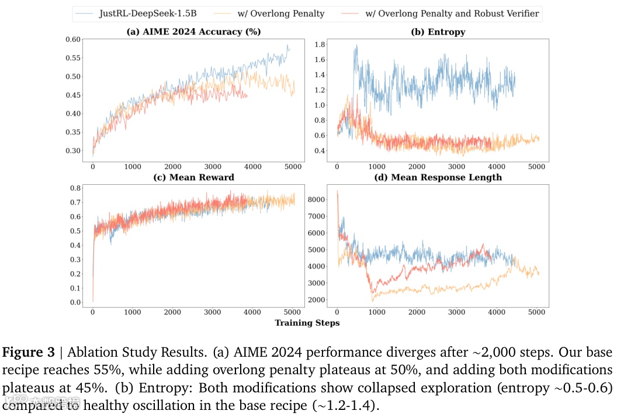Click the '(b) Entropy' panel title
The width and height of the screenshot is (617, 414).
tap(438, 32)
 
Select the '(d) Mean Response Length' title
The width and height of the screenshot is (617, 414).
tap(438, 177)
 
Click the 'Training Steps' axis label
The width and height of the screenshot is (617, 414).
tap(307, 322)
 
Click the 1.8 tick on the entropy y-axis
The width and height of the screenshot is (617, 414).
tap(320, 44)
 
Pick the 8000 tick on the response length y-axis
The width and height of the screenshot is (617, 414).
tap(316, 199)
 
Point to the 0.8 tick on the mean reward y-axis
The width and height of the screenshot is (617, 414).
tap(74, 188)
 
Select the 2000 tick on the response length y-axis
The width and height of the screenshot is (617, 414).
tap(316, 300)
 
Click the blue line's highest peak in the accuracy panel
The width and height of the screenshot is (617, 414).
tap(287, 45)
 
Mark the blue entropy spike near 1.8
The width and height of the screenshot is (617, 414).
tap(356, 46)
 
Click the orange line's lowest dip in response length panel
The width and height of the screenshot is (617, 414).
tap(372, 300)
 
